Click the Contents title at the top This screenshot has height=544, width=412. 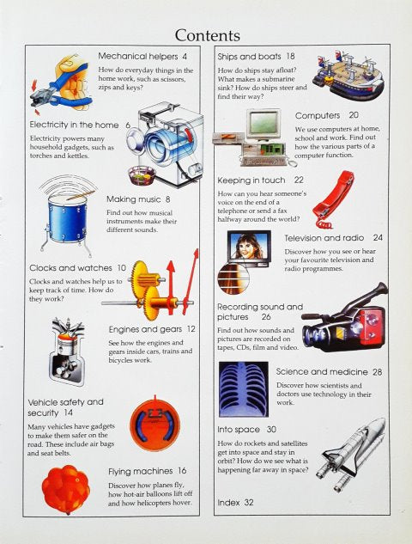tap(207, 35)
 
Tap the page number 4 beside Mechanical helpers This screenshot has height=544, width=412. tap(185, 56)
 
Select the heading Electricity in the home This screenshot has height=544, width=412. tap(74, 125)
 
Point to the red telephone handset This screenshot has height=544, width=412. tap(333, 199)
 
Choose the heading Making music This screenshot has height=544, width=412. tap(133, 199)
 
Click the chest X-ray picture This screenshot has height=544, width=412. tap(244, 389)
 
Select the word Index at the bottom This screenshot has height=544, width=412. tap(228, 503)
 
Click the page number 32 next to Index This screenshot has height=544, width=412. tap(249, 503)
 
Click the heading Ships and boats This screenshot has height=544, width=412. tap(249, 56)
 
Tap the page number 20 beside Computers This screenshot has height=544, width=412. tap(354, 115)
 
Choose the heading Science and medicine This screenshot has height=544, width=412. tap(322, 372)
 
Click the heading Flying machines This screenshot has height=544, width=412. tap(140, 471)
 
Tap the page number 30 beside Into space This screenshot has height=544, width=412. tap(271, 430)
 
